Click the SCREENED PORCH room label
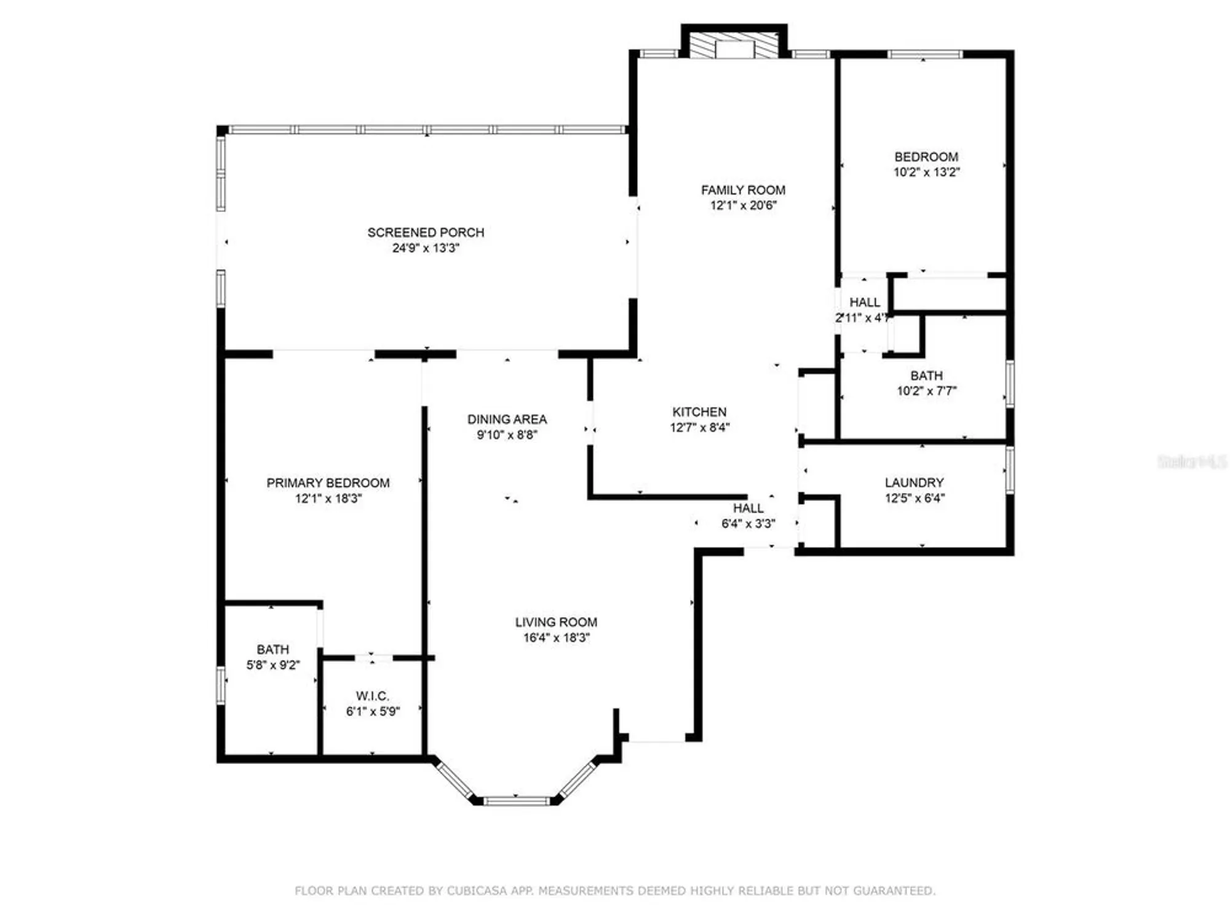pyautogui.click(x=426, y=232)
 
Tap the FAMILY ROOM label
pyautogui.click(x=743, y=190)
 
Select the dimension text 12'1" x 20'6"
pyautogui.click(x=743, y=205)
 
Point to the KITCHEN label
pyautogui.click(x=699, y=412)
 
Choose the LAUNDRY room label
pyautogui.click(x=914, y=483)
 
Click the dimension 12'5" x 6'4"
pyautogui.click(x=914, y=498)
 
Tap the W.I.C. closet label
pyautogui.click(x=372, y=696)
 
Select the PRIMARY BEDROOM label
pyautogui.click(x=328, y=483)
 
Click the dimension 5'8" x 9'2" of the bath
pyautogui.click(x=273, y=665)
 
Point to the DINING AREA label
pyautogui.click(x=507, y=419)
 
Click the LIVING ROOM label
pyautogui.click(x=556, y=622)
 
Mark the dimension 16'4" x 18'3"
pyautogui.click(x=556, y=638)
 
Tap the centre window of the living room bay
pyautogui.click(x=516, y=800)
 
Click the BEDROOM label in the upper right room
pyautogui.click(x=926, y=157)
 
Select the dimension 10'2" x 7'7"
pyautogui.click(x=926, y=391)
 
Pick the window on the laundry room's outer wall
pyautogui.click(x=1010, y=471)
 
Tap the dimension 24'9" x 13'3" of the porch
pyautogui.click(x=426, y=248)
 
